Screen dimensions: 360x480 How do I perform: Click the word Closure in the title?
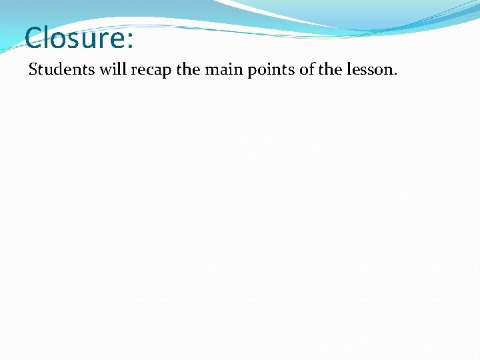click(73, 38)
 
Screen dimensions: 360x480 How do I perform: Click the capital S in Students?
click(33, 69)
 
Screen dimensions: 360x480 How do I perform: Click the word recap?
click(149, 71)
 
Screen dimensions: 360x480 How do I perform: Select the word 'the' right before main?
click(188, 69)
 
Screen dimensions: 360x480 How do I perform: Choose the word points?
click(270, 70)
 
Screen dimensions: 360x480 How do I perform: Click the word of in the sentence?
click(307, 69)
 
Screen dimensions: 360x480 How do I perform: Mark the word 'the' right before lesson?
click(331, 69)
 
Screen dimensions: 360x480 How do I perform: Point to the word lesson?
click(370, 69)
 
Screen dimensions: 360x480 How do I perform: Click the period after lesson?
click(395, 73)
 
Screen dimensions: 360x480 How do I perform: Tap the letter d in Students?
click(56, 69)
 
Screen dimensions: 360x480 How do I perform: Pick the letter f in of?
click(311, 69)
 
